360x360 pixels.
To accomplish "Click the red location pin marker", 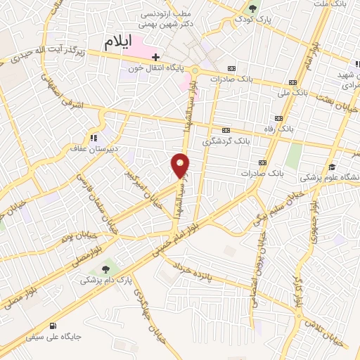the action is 180,166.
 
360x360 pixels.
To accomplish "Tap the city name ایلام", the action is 120,41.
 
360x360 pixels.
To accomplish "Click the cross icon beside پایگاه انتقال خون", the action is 156,58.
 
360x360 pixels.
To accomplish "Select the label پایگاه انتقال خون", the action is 163,67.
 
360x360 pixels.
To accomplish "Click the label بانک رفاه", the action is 293,130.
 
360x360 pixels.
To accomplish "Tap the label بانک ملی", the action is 295,91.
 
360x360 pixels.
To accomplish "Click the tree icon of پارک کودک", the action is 252,8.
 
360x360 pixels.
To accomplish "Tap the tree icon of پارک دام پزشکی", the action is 106,269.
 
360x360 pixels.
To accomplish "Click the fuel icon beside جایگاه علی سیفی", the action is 54,326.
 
